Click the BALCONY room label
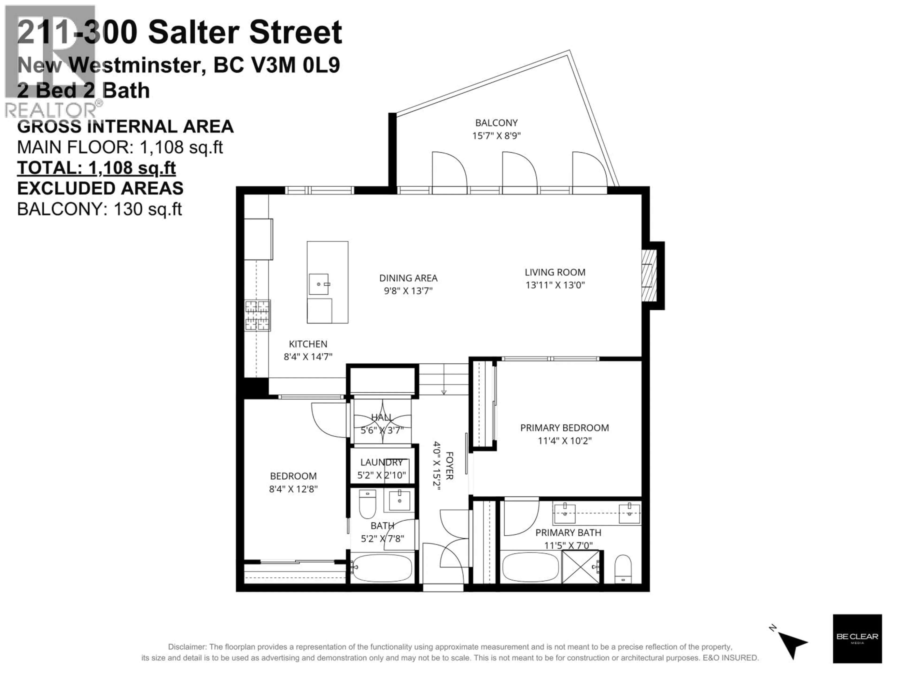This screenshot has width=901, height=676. click(496, 123)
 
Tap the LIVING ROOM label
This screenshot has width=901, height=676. click(555, 272)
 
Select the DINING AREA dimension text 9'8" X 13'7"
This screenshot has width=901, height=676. click(408, 291)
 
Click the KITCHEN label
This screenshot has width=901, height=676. click(308, 344)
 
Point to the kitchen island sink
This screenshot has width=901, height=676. click(319, 284)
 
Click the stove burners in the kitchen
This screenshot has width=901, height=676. click(257, 315)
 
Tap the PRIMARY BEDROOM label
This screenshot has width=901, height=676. click(564, 428)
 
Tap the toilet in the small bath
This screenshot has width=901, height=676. click(367, 504)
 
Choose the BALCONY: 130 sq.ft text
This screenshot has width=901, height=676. click(99, 209)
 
